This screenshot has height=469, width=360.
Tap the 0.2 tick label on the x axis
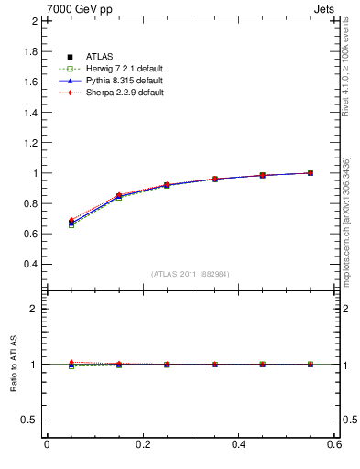142,444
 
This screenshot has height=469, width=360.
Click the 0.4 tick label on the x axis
239,444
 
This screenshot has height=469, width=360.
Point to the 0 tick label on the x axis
47,444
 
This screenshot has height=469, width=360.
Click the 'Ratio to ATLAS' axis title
13,365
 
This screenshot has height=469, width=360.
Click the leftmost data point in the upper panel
71,222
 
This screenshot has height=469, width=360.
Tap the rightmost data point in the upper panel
311,173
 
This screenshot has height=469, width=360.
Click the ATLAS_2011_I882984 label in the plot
190,274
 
